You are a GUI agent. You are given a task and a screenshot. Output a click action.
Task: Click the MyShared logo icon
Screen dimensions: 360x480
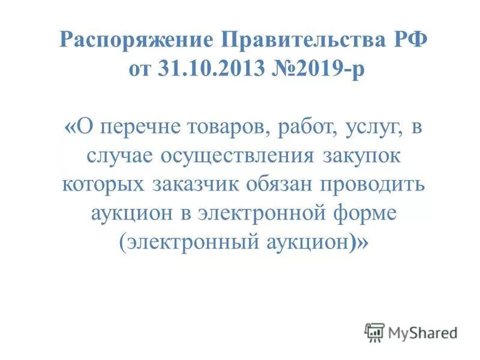tap(374, 332)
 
